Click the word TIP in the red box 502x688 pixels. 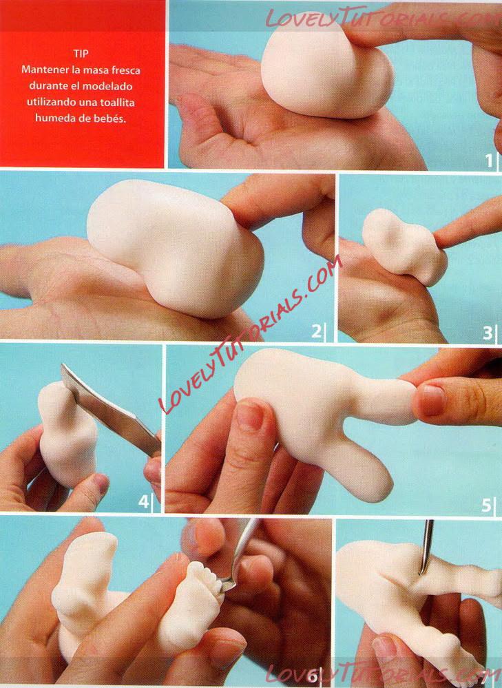81,54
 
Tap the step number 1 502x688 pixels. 489,161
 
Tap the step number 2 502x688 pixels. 316,331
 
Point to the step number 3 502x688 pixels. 487,333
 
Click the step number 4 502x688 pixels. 143,501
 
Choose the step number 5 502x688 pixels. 486,505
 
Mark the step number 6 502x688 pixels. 312,676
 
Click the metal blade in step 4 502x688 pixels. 109,408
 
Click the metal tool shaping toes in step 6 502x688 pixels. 239,555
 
